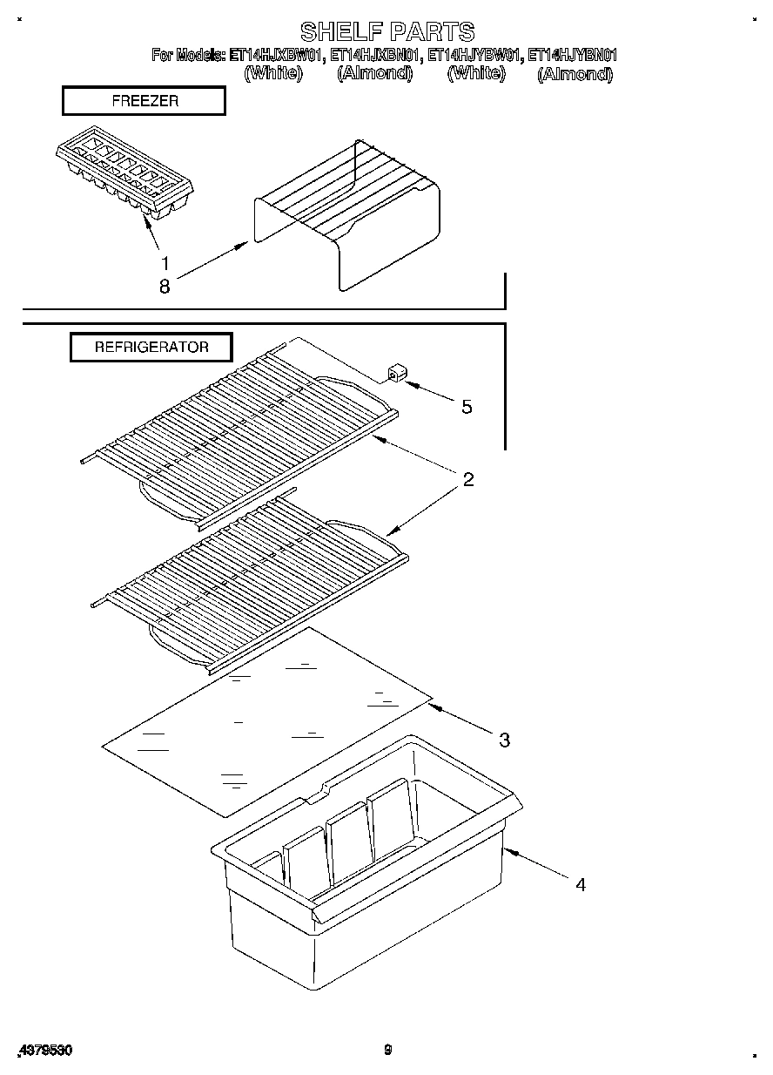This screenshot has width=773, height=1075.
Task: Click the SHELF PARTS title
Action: point(387,32)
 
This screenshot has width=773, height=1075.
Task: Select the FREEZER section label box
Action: point(144,101)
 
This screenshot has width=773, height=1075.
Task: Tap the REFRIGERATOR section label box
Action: point(151,347)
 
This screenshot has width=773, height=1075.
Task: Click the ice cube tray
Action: point(124,176)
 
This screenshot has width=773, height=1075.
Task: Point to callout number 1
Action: point(164,262)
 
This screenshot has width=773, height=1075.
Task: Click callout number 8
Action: point(164,286)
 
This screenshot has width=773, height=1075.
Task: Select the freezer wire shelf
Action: point(348,213)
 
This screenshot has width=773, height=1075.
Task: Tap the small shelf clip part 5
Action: point(396,375)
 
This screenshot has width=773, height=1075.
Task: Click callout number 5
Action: point(467,407)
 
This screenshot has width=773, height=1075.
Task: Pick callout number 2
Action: point(468,479)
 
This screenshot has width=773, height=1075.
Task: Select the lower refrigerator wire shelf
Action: point(248,579)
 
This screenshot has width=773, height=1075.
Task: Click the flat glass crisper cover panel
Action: point(266,719)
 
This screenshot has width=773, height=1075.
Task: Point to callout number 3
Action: point(504,740)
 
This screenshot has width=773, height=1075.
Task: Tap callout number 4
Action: point(580,884)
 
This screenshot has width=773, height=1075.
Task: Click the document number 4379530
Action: point(44,1050)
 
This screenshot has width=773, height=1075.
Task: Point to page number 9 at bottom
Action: point(388,1050)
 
